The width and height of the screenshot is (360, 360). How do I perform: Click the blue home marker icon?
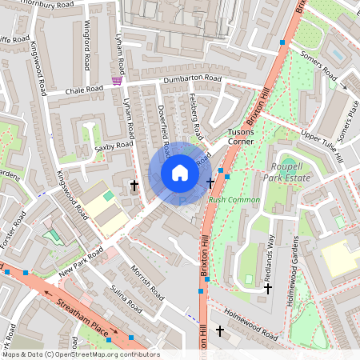180,173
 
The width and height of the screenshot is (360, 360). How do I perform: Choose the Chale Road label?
85,90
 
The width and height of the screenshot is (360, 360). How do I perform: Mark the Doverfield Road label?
162,128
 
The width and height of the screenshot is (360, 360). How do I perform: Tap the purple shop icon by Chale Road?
118,80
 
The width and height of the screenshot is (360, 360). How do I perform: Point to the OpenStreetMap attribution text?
81,354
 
